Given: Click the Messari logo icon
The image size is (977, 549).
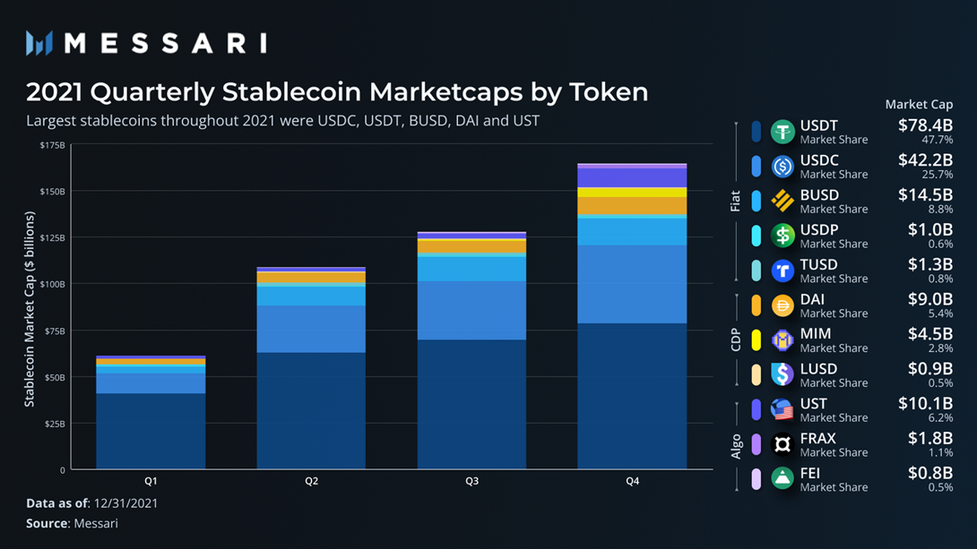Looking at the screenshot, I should pyautogui.click(x=39, y=43).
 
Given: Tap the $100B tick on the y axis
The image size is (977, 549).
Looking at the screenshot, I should pyautogui.click(x=52, y=284).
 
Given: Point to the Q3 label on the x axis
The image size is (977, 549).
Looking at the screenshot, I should pyautogui.click(x=471, y=482).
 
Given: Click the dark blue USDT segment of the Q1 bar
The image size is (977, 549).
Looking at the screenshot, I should pyautogui.click(x=151, y=430).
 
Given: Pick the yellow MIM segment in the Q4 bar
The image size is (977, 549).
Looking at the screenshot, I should pyautogui.click(x=632, y=193).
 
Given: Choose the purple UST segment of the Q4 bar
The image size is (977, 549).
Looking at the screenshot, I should pyautogui.click(x=632, y=177).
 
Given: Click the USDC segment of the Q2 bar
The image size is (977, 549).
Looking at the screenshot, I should pyautogui.click(x=311, y=329).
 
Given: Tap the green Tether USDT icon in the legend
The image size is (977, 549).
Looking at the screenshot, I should pyautogui.click(x=782, y=132).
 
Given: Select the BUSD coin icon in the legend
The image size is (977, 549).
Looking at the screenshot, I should pyautogui.click(x=782, y=201).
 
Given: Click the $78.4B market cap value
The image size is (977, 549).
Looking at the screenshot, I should pyautogui.click(x=925, y=126).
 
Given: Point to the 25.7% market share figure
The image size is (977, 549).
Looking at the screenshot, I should pyautogui.click(x=938, y=174).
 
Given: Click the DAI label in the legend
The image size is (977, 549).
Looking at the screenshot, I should pyautogui.click(x=813, y=299).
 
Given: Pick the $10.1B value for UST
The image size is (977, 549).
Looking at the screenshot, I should pyautogui.click(x=925, y=404).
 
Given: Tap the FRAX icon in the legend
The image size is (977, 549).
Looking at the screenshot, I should pyautogui.click(x=782, y=444).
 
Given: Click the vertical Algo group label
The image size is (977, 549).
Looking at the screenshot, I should pyautogui.click(x=736, y=445).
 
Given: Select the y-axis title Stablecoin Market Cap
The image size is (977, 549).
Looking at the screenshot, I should pyautogui.click(x=30, y=309).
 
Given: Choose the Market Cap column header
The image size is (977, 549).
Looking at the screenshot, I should pyautogui.click(x=919, y=104).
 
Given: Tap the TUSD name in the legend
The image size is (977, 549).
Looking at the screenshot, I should pyautogui.click(x=818, y=264).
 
